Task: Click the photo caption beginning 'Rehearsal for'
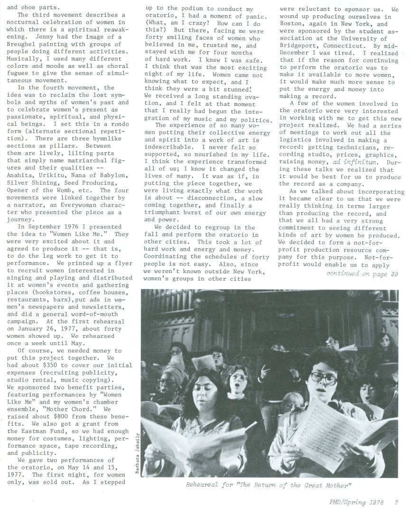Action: pyautogui.click(x=270, y=485)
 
